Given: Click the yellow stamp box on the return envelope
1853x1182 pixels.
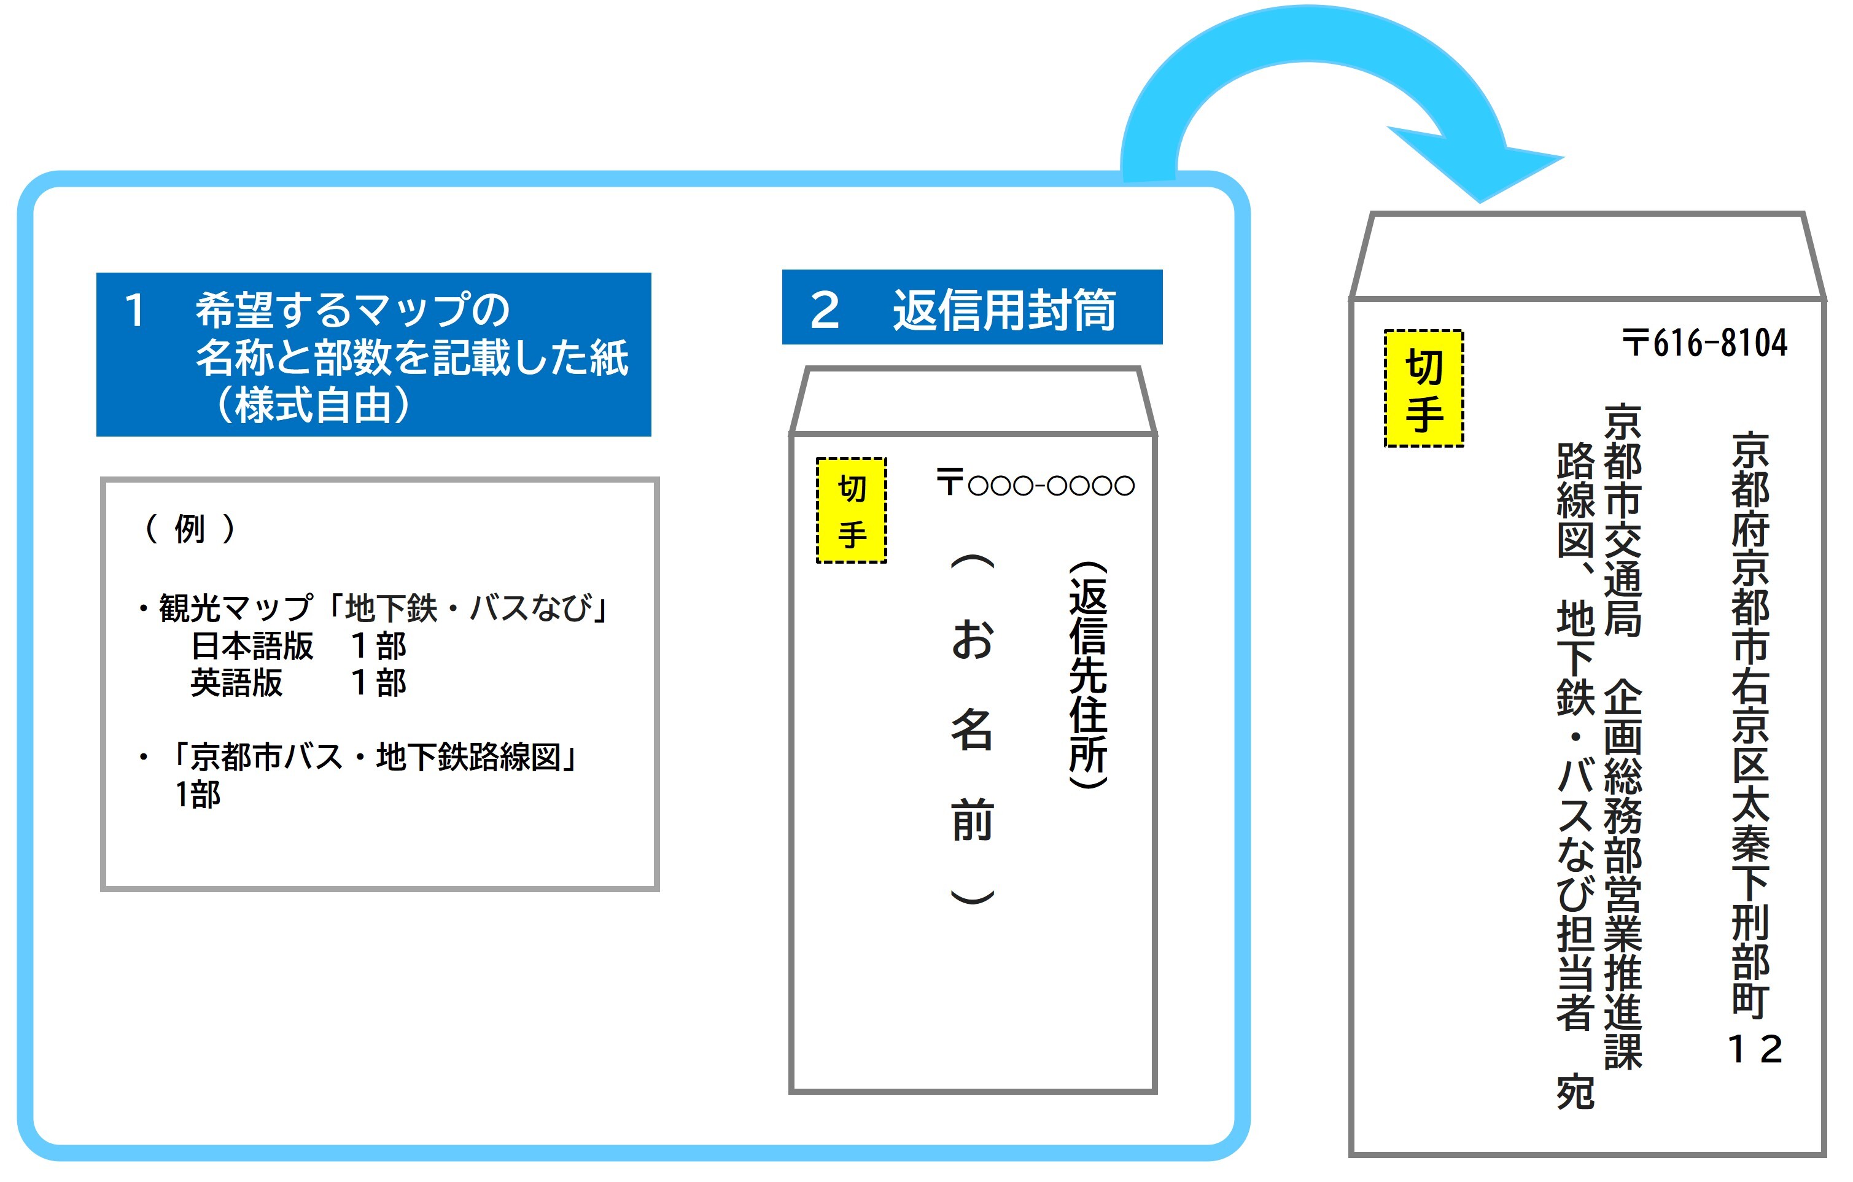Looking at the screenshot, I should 851,510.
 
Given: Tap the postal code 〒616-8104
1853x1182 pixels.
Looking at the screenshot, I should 1704,343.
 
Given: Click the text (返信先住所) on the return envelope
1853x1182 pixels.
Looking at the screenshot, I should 1088,675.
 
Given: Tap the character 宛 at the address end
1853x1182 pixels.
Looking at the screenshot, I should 1575,1091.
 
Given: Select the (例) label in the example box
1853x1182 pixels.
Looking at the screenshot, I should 189,529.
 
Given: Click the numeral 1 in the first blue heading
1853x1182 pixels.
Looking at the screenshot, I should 134,311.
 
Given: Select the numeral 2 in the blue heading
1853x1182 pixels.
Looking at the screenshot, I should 824,311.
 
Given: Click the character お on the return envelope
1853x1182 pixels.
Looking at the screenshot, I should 972,639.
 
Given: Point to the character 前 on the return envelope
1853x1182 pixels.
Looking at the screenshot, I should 972,820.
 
